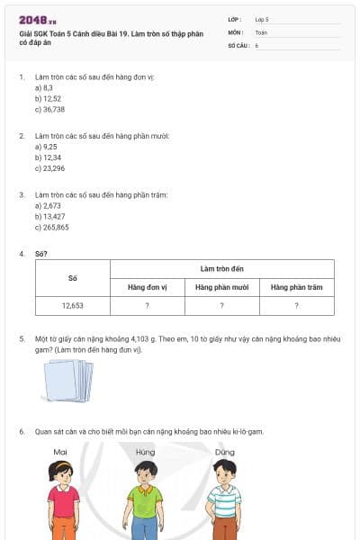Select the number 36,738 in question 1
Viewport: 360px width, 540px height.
pyautogui.click(x=52, y=109)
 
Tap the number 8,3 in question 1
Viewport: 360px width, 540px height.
pyautogui.click(x=47, y=88)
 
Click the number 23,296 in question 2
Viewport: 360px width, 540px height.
pyautogui.click(x=52, y=168)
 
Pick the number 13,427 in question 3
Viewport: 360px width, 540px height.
pyautogui.click(x=52, y=216)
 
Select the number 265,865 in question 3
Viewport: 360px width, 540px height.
pyautogui.click(x=54, y=227)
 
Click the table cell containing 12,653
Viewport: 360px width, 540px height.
pyautogui.click(x=73, y=306)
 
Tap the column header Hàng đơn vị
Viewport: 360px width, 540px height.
pyautogui.click(x=147, y=287)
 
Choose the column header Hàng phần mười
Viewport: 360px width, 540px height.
pyautogui.click(x=221, y=287)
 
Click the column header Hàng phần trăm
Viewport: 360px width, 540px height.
pyautogui.click(x=296, y=287)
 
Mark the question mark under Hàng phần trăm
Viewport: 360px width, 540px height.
pyautogui.click(x=296, y=306)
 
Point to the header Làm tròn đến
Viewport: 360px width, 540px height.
pyautogui.click(x=221, y=268)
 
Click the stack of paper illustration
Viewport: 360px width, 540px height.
pyautogui.click(x=68, y=379)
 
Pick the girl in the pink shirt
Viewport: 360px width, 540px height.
pyautogui.click(x=62, y=499)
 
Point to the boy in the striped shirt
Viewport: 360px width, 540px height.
pyautogui.click(x=224, y=499)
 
